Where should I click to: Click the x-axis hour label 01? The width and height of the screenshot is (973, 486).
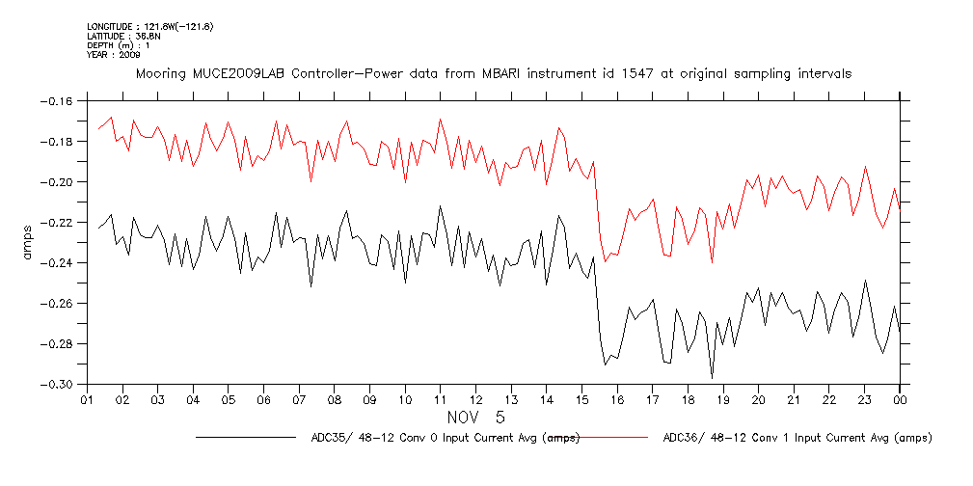click(x=87, y=400)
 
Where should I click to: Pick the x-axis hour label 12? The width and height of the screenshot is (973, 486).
click(x=475, y=400)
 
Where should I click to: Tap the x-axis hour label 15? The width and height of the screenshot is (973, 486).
click(x=581, y=400)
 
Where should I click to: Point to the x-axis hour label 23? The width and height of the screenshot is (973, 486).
click(x=865, y=400)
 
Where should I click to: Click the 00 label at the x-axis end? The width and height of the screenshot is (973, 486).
click(x=900, y=400)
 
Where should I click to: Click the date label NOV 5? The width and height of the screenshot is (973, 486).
click(x=476, y=418)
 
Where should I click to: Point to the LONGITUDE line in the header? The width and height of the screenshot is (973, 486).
click(x=149, y=26)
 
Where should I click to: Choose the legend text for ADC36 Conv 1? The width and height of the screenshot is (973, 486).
click(x=797, y=438)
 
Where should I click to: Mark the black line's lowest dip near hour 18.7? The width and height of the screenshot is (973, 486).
click(x=712, y=377)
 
